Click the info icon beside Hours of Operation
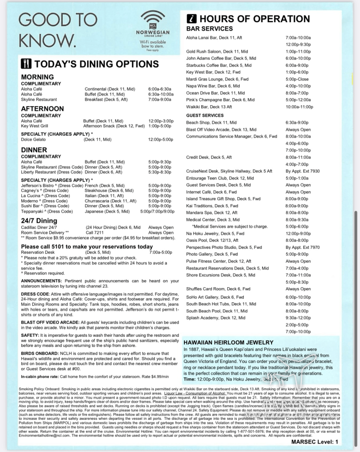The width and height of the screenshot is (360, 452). (x=191, y=19)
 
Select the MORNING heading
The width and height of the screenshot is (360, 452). (x=38, y=77)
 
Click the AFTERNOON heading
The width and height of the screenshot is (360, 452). (x=42, y=109)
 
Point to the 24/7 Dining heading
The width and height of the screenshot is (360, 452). (x=39, y=220)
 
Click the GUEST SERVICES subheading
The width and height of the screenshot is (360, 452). (x=205, y=115)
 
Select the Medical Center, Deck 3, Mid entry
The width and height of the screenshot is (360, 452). (x=213, y=220)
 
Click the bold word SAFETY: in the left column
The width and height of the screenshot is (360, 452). (x=30, y=336)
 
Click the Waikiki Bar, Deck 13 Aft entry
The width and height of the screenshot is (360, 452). (x=209, y=107)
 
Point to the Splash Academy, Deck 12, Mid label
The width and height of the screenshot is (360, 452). (x=215, y=318)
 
